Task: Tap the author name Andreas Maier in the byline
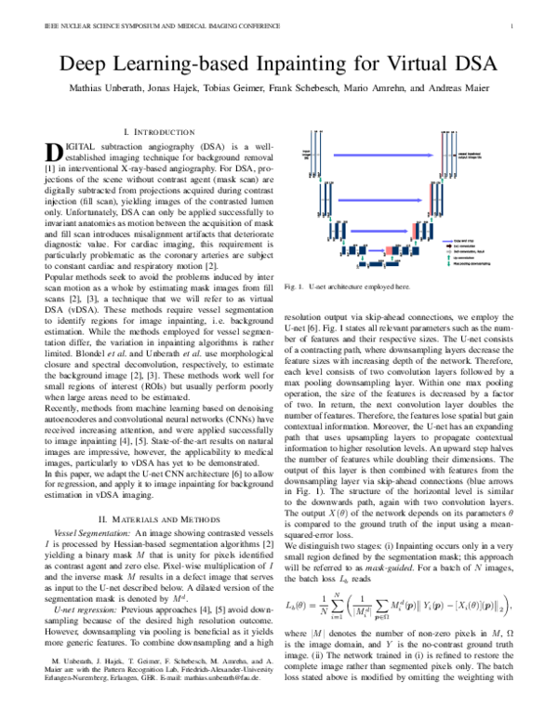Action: pyautogui.click(x=471, y=95)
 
